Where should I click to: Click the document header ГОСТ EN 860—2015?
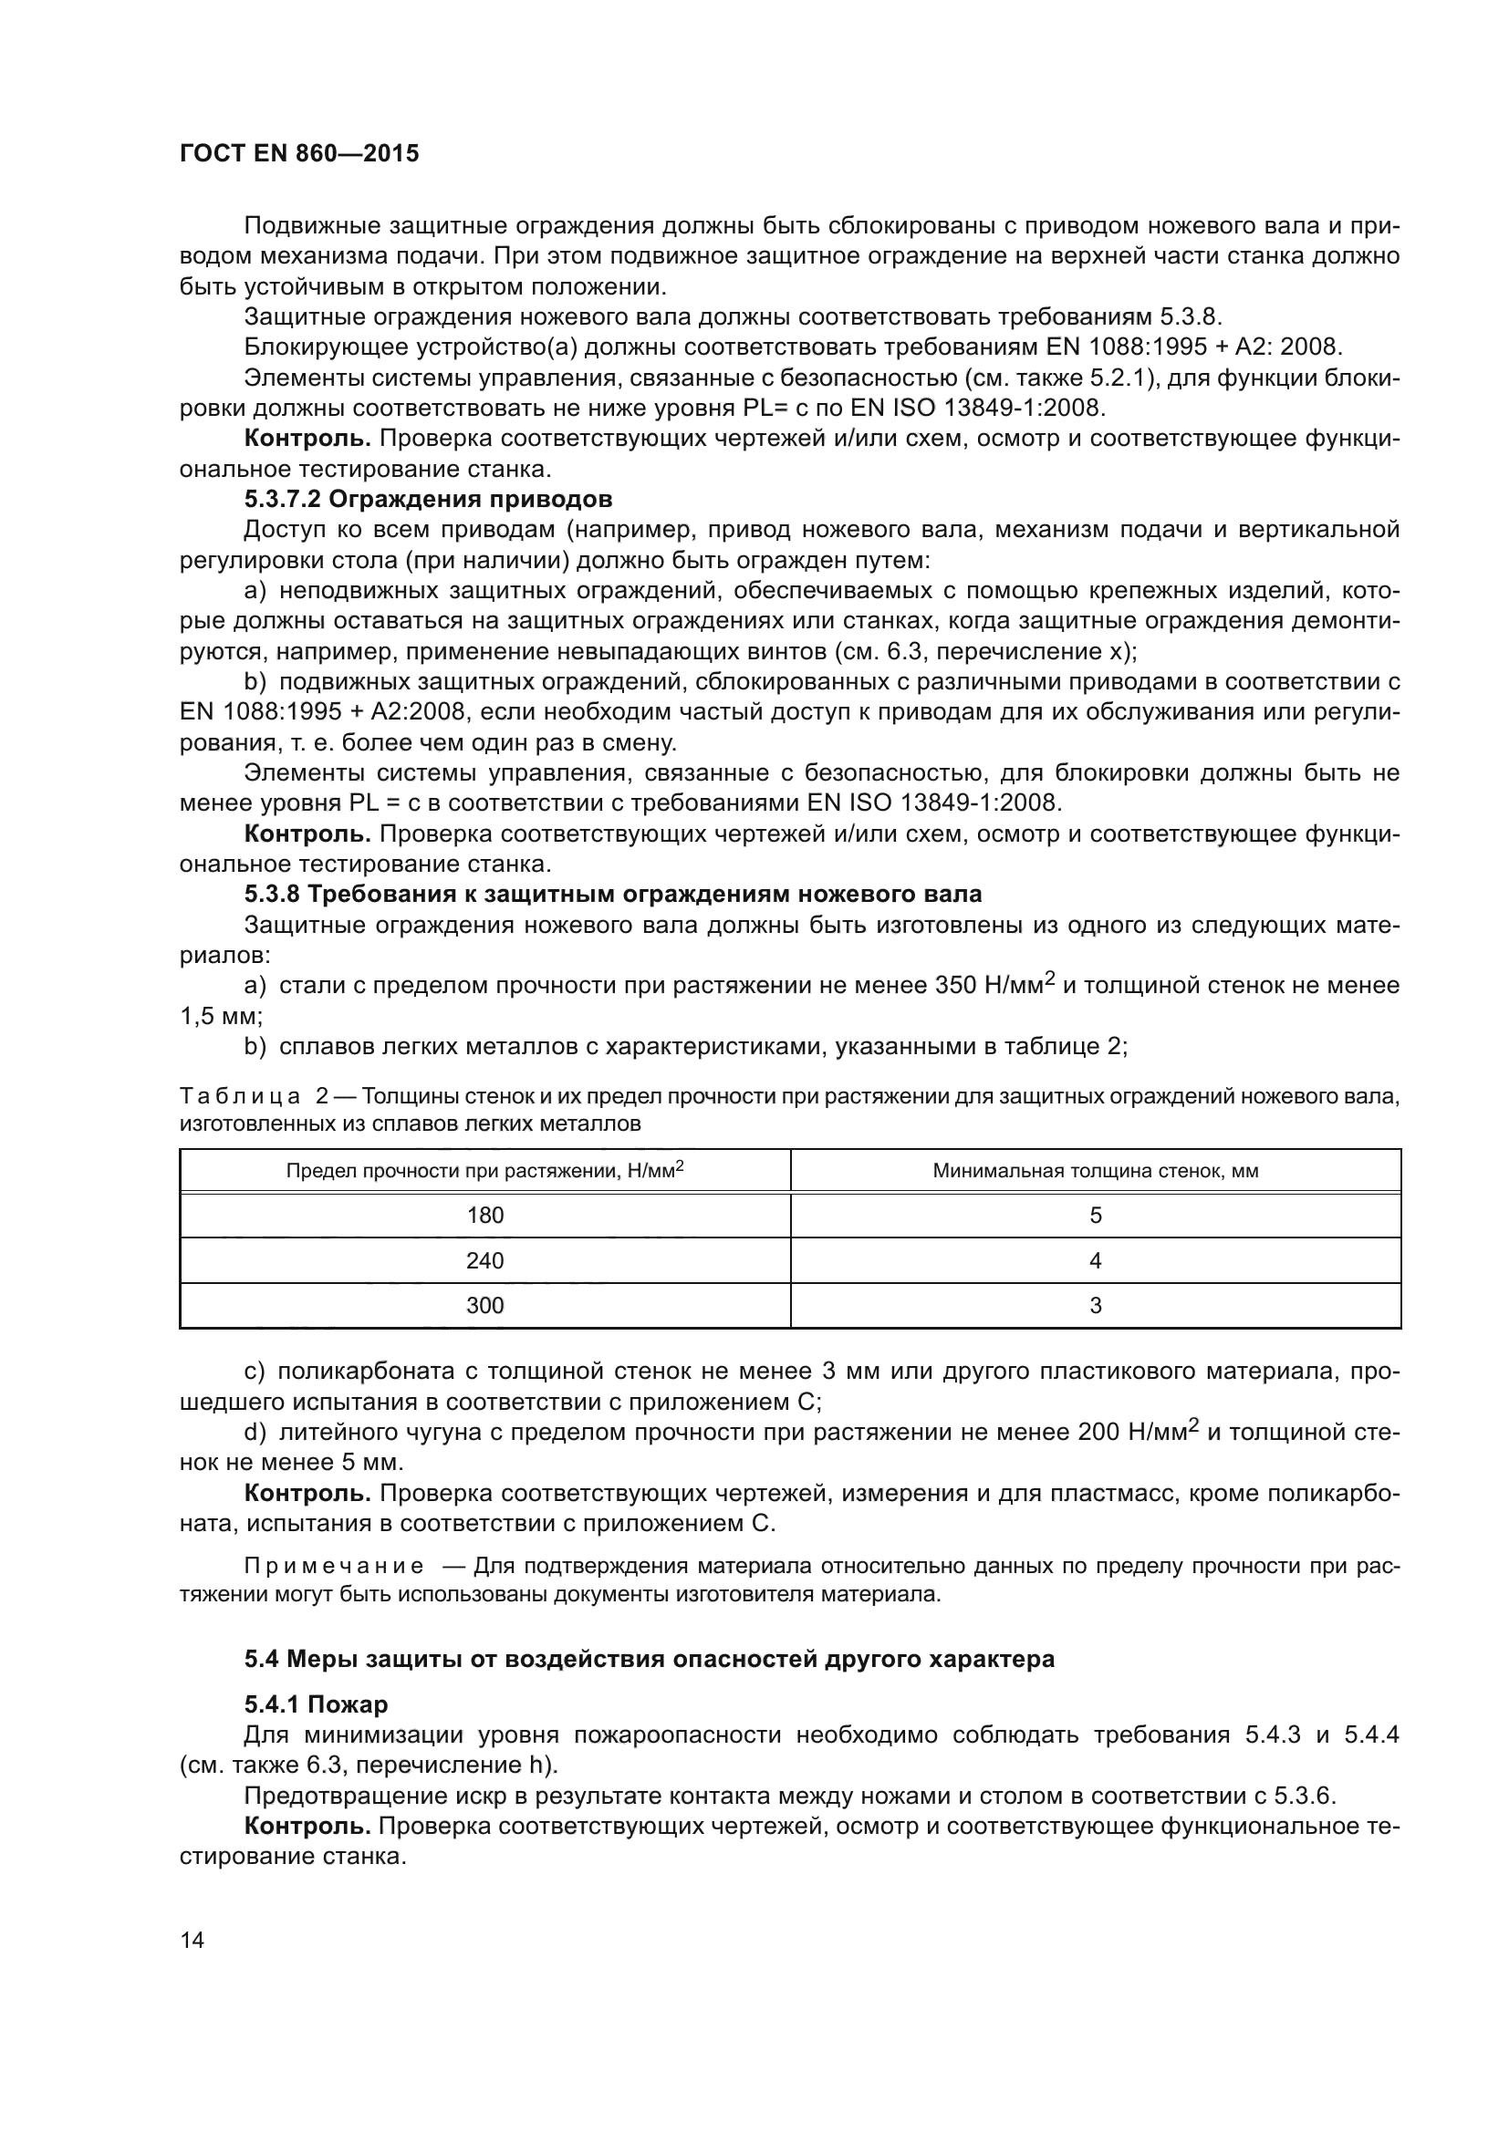click(299, 153)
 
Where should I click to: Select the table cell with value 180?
click(484, 1215)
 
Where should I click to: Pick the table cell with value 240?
click(484, 1260)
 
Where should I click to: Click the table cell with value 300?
click(484, 1305)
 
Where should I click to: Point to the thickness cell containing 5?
click(1096, 1215)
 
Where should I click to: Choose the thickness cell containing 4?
click(1096, 1260)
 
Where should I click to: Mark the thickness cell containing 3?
click(1096, 1305)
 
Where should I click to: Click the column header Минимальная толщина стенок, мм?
click(1096, 1171)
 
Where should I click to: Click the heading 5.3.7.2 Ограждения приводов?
click(429, 500)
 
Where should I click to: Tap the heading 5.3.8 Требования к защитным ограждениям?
click(612, 895)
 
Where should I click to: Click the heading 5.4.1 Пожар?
click(316, 1704)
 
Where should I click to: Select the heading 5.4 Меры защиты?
click(649, 1658)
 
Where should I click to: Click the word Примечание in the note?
click(334, 1567)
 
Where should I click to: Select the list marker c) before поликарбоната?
click(255, 1372)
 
